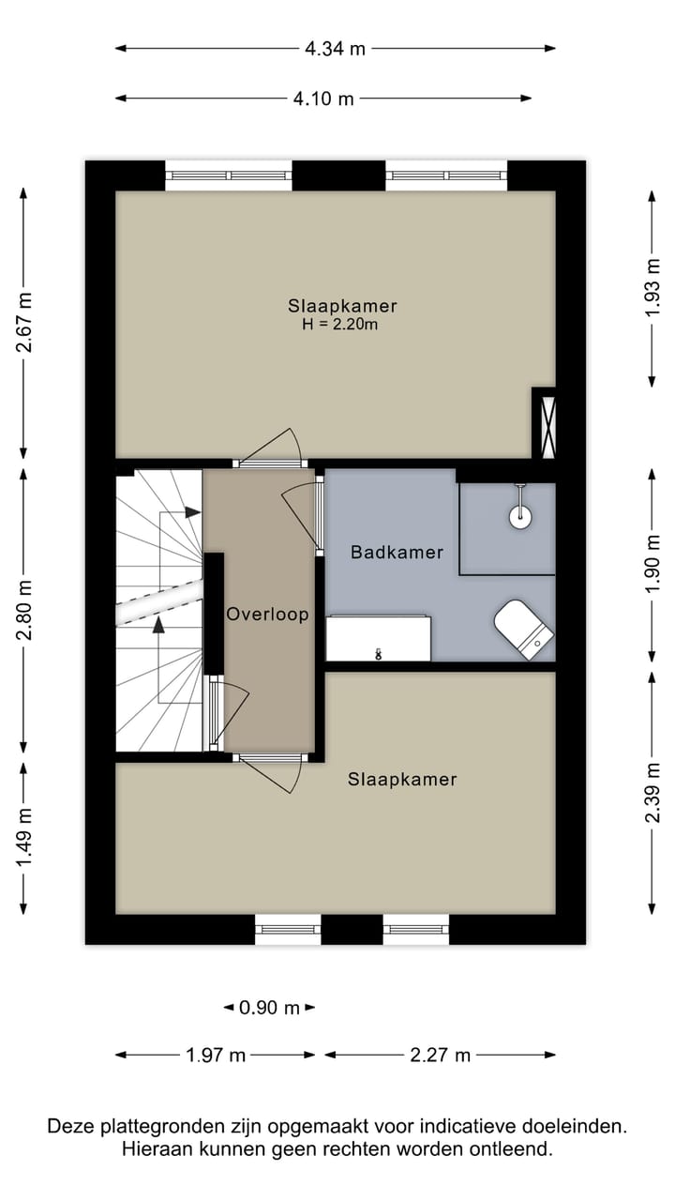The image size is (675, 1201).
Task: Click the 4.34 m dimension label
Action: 336,49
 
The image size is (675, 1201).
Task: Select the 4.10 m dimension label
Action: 323,99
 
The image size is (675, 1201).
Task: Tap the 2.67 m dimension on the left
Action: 24,322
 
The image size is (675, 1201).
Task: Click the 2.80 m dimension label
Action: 24,610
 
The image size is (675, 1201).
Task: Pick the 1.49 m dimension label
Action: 24,837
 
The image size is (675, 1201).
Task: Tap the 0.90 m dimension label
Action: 269,1008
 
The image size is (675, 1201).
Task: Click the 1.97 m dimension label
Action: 216,1056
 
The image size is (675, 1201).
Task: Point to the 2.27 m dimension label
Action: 441,1056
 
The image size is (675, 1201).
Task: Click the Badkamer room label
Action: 397,553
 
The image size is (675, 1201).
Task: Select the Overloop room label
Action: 267,615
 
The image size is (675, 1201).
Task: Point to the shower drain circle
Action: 520,514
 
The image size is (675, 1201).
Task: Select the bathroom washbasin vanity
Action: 378,639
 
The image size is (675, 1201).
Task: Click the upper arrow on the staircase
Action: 192,512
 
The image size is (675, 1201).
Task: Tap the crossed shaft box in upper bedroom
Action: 545,423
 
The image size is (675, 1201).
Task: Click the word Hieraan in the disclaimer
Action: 152,1148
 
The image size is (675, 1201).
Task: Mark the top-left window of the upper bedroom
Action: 229,175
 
